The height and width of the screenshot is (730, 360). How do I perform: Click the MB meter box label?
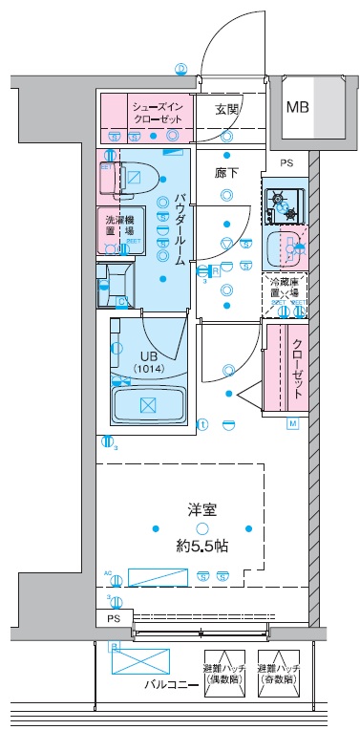(298, 106)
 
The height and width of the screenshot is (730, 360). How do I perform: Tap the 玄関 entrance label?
(227, 110)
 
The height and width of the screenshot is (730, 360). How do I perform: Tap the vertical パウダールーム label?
(178, 228)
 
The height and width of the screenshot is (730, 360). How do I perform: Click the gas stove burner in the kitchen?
(280, 201)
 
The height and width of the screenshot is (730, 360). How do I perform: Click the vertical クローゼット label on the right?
(298, 368)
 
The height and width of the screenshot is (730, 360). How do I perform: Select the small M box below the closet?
(293, 423)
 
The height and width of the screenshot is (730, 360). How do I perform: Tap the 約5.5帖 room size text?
(201, 546)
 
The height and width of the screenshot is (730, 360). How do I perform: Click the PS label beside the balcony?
(114, 618)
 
